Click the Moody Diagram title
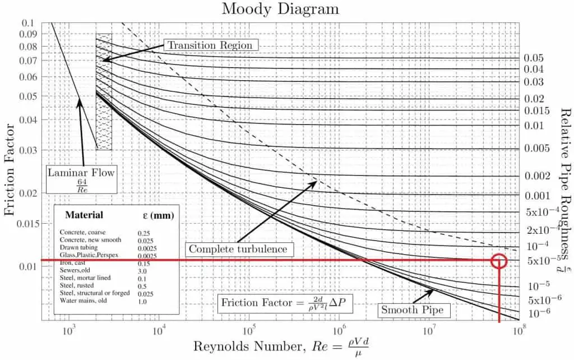click(x=280, y=9)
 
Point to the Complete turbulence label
click(x=238, y=248)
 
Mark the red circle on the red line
click(x=498, y=261)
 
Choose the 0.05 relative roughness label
click(x=534, y=58)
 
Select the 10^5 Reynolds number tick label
click(x=249, y=331)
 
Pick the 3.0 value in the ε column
click(x=143, y=270)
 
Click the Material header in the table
click(x=84, y=215)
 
